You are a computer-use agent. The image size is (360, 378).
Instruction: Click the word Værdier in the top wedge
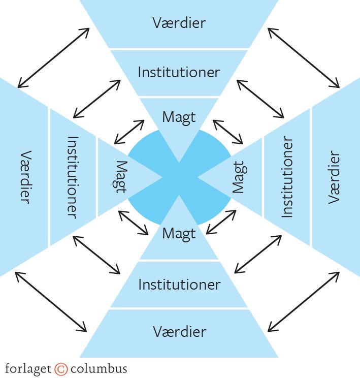click(x=179, y=23)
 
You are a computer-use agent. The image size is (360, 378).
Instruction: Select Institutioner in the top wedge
click(x=179, y=72)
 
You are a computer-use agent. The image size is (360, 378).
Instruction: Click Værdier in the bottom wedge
click(x=179, y=332)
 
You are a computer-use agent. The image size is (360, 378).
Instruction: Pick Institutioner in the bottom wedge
click(x=179, y=285)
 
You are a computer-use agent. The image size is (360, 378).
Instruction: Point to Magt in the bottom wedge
click(x=179, y=234)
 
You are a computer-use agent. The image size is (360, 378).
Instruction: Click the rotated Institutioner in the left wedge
click(x=72, y=177)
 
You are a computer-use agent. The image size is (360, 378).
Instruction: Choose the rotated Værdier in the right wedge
click(x=334, y=177)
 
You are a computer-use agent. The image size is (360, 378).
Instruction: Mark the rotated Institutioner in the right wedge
click(x=287, y=177)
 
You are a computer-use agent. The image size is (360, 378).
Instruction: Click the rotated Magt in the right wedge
click(x=238, y=177)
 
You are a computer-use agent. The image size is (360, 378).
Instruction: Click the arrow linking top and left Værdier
click(x=53, y=57)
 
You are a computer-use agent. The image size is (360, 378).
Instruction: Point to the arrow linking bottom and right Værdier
click(x=303, y=301)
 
